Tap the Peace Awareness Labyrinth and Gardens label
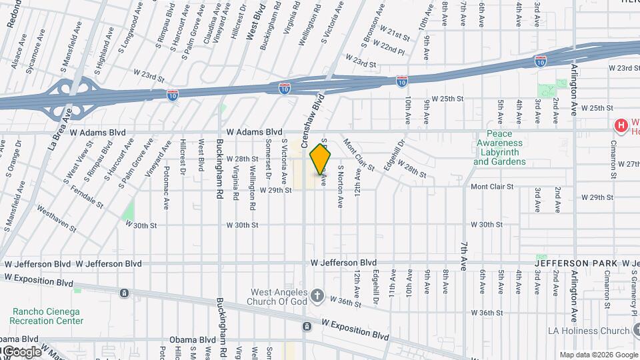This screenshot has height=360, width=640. coord(499,147)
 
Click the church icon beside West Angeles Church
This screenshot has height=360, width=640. coord(317,295)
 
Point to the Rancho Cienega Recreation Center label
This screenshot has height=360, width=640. coord(48,315)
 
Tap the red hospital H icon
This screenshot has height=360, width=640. coord(621,125)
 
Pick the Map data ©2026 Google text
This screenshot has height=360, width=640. coord(598,355)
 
